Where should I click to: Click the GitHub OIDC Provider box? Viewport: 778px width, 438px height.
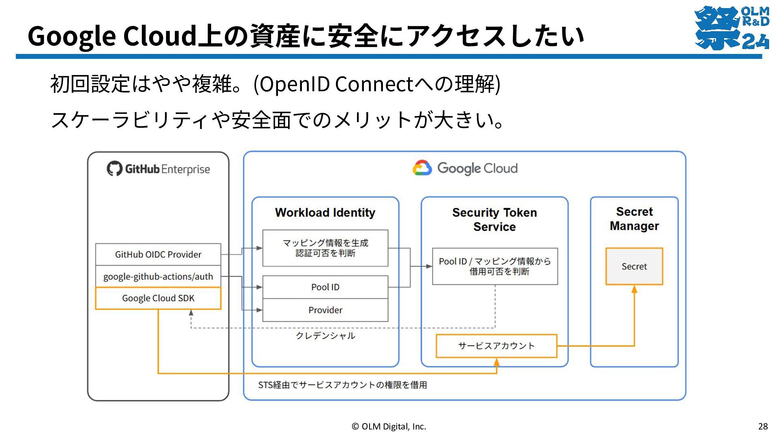click(158, 254)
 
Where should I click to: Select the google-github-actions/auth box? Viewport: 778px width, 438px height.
click(158, 277)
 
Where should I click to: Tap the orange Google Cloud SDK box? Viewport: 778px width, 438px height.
click(158, 298)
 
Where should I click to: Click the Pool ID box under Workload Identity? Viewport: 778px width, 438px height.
click(325, 287)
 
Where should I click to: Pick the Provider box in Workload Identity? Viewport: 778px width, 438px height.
click(325, 310)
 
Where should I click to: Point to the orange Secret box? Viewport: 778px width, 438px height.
click(634, 266)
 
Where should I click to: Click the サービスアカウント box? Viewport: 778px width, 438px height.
click(496, 346)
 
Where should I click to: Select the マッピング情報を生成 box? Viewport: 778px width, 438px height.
click(325, 248)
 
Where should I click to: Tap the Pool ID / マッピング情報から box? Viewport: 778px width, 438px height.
click(495, 266)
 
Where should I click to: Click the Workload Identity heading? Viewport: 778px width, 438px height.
click(325, 213)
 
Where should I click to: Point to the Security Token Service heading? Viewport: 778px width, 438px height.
click(495, 219)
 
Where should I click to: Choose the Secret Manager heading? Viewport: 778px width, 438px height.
click(634, 219)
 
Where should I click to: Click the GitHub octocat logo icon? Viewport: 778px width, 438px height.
click(114, 169)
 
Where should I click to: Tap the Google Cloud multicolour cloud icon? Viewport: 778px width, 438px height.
click(422, 168)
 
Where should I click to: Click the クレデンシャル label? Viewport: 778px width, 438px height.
click(325, 336)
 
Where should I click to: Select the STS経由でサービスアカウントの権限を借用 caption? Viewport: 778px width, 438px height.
click(343, 385)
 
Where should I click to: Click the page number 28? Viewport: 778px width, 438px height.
click(763, 426)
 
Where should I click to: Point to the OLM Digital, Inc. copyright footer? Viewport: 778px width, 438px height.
click(389, 426)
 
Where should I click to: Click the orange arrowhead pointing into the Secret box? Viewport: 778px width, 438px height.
click(634, 289)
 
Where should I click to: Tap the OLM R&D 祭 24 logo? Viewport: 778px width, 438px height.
click(732, 28)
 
